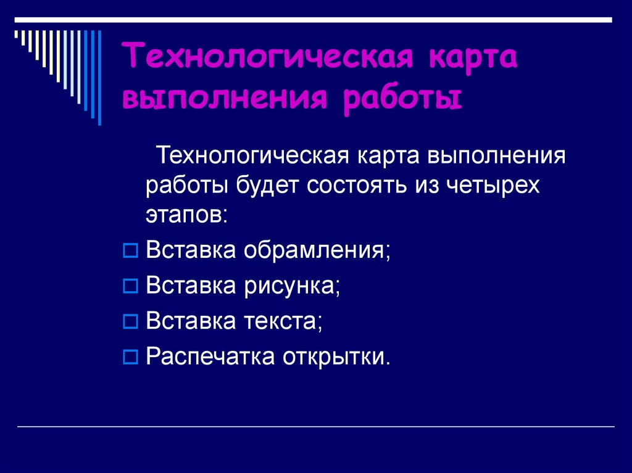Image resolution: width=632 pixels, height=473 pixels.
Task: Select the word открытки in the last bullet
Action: click(x=337, y=356)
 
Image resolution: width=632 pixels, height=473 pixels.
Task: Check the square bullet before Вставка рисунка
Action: click(x=130, y=286)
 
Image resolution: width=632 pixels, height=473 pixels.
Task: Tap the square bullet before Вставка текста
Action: click(x=130, y=321)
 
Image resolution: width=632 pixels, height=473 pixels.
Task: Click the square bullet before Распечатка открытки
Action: click(x=130, y=356)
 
